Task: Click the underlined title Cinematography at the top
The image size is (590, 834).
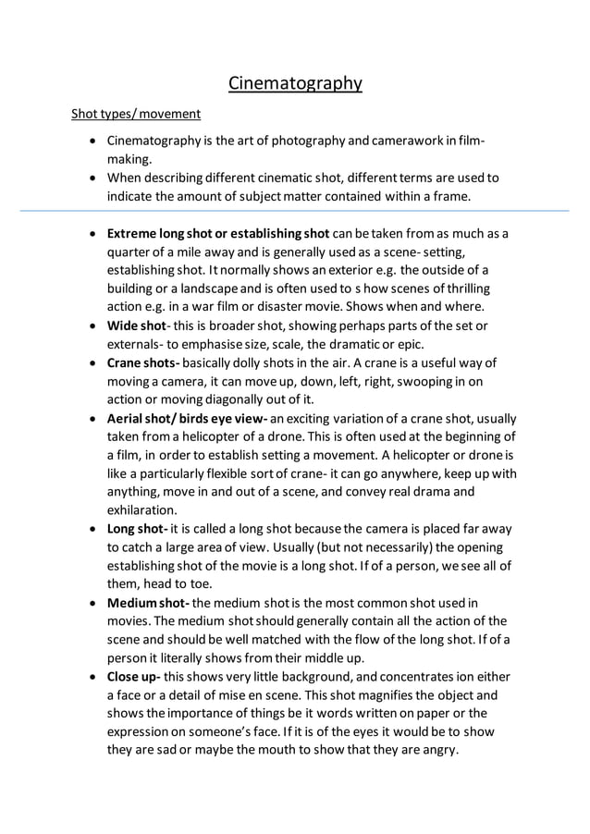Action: pyautogui.click(x=295, y=84)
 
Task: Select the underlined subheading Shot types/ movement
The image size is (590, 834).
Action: pyautogui.click(x=136, y=115)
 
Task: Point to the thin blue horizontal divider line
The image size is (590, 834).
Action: pyautogui.click(x=295, y=212)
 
